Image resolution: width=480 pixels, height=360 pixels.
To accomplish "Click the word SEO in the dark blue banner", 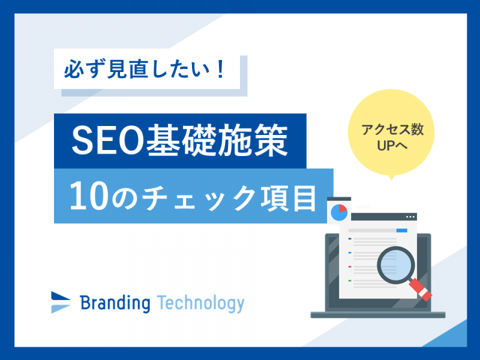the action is (x=108, y=140).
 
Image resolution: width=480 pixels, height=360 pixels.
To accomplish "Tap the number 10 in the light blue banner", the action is (x=89, y=196).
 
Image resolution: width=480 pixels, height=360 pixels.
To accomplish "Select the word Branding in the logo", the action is (x=115, y=303).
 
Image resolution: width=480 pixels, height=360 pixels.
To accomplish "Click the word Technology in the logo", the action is (x=201, y=304).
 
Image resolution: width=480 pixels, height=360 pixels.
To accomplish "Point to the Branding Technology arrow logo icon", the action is (x=61, y=302).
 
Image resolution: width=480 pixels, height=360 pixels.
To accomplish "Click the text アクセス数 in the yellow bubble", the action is (x=392, y=130).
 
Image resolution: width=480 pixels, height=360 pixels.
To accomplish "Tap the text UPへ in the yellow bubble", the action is (x=392, y=146).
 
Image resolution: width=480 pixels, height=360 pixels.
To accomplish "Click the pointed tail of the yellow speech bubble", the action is (x=391, y=179).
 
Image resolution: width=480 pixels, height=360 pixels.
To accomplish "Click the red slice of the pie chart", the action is (x=343, y=209).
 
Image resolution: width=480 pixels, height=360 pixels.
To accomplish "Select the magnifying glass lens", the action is (x=396, y=265).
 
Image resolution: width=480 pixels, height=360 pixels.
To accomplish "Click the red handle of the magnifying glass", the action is (x=421, y=290).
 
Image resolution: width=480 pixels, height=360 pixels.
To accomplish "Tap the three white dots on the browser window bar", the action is (x=410, y=217).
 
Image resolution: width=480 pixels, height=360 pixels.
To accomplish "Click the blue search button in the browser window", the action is (x=402, y=230).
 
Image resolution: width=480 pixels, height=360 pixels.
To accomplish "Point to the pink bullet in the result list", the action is (x=350, y=266).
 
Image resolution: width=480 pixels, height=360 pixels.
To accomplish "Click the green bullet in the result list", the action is (x=350, y=280).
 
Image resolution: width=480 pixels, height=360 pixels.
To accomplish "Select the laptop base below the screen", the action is (x=378, y=314).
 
